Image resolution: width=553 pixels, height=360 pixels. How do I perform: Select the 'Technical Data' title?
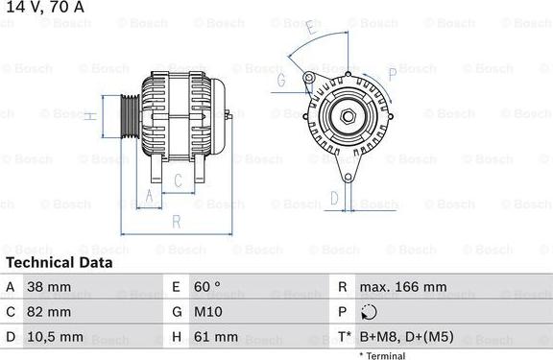(x=59, y=262)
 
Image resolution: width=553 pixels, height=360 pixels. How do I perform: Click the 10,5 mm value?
(x=57, y=337)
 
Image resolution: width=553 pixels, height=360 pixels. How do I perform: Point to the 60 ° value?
(x=206, y=287)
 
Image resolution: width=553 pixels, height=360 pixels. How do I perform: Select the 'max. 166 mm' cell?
(x=402, y=287)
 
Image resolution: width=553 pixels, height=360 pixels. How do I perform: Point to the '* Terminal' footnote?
(x=382, y=355)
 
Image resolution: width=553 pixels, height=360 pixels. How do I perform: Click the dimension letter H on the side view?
(x=88, y=117)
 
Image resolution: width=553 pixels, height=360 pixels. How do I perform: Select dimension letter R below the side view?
(x=176, y=222)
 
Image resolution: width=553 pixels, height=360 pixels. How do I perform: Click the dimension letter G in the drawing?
(x=281, y=81)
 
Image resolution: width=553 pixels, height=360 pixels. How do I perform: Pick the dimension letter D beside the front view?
(x=333, y=198)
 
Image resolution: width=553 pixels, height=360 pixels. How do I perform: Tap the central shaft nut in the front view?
(x=347, y=117)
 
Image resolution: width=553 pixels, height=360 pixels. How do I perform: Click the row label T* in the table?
(x=343, y=337)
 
